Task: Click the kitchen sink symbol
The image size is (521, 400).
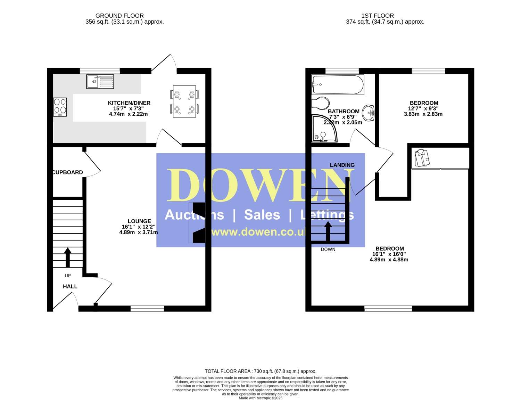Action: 100,82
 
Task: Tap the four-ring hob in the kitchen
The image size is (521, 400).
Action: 60,107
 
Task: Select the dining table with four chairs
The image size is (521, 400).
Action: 184,101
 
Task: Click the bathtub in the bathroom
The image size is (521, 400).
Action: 338,85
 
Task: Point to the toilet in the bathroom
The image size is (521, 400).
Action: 321,103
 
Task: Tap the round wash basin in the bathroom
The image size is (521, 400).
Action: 368,113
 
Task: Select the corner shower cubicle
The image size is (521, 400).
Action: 324,129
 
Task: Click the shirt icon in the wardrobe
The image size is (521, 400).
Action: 422,158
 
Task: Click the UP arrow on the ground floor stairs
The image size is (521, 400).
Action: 68,257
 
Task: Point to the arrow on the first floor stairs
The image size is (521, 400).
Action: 328,231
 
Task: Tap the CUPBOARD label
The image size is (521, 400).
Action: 68,172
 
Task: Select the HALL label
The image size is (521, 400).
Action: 70,286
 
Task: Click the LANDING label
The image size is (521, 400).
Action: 342,165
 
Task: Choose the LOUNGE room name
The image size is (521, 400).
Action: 139,221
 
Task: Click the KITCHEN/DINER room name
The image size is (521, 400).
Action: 129,103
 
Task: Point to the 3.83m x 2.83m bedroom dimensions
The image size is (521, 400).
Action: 423,114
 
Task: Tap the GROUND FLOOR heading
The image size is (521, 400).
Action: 119,16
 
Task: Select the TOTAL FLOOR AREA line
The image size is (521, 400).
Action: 260,371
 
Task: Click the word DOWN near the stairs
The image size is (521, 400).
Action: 328,250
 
